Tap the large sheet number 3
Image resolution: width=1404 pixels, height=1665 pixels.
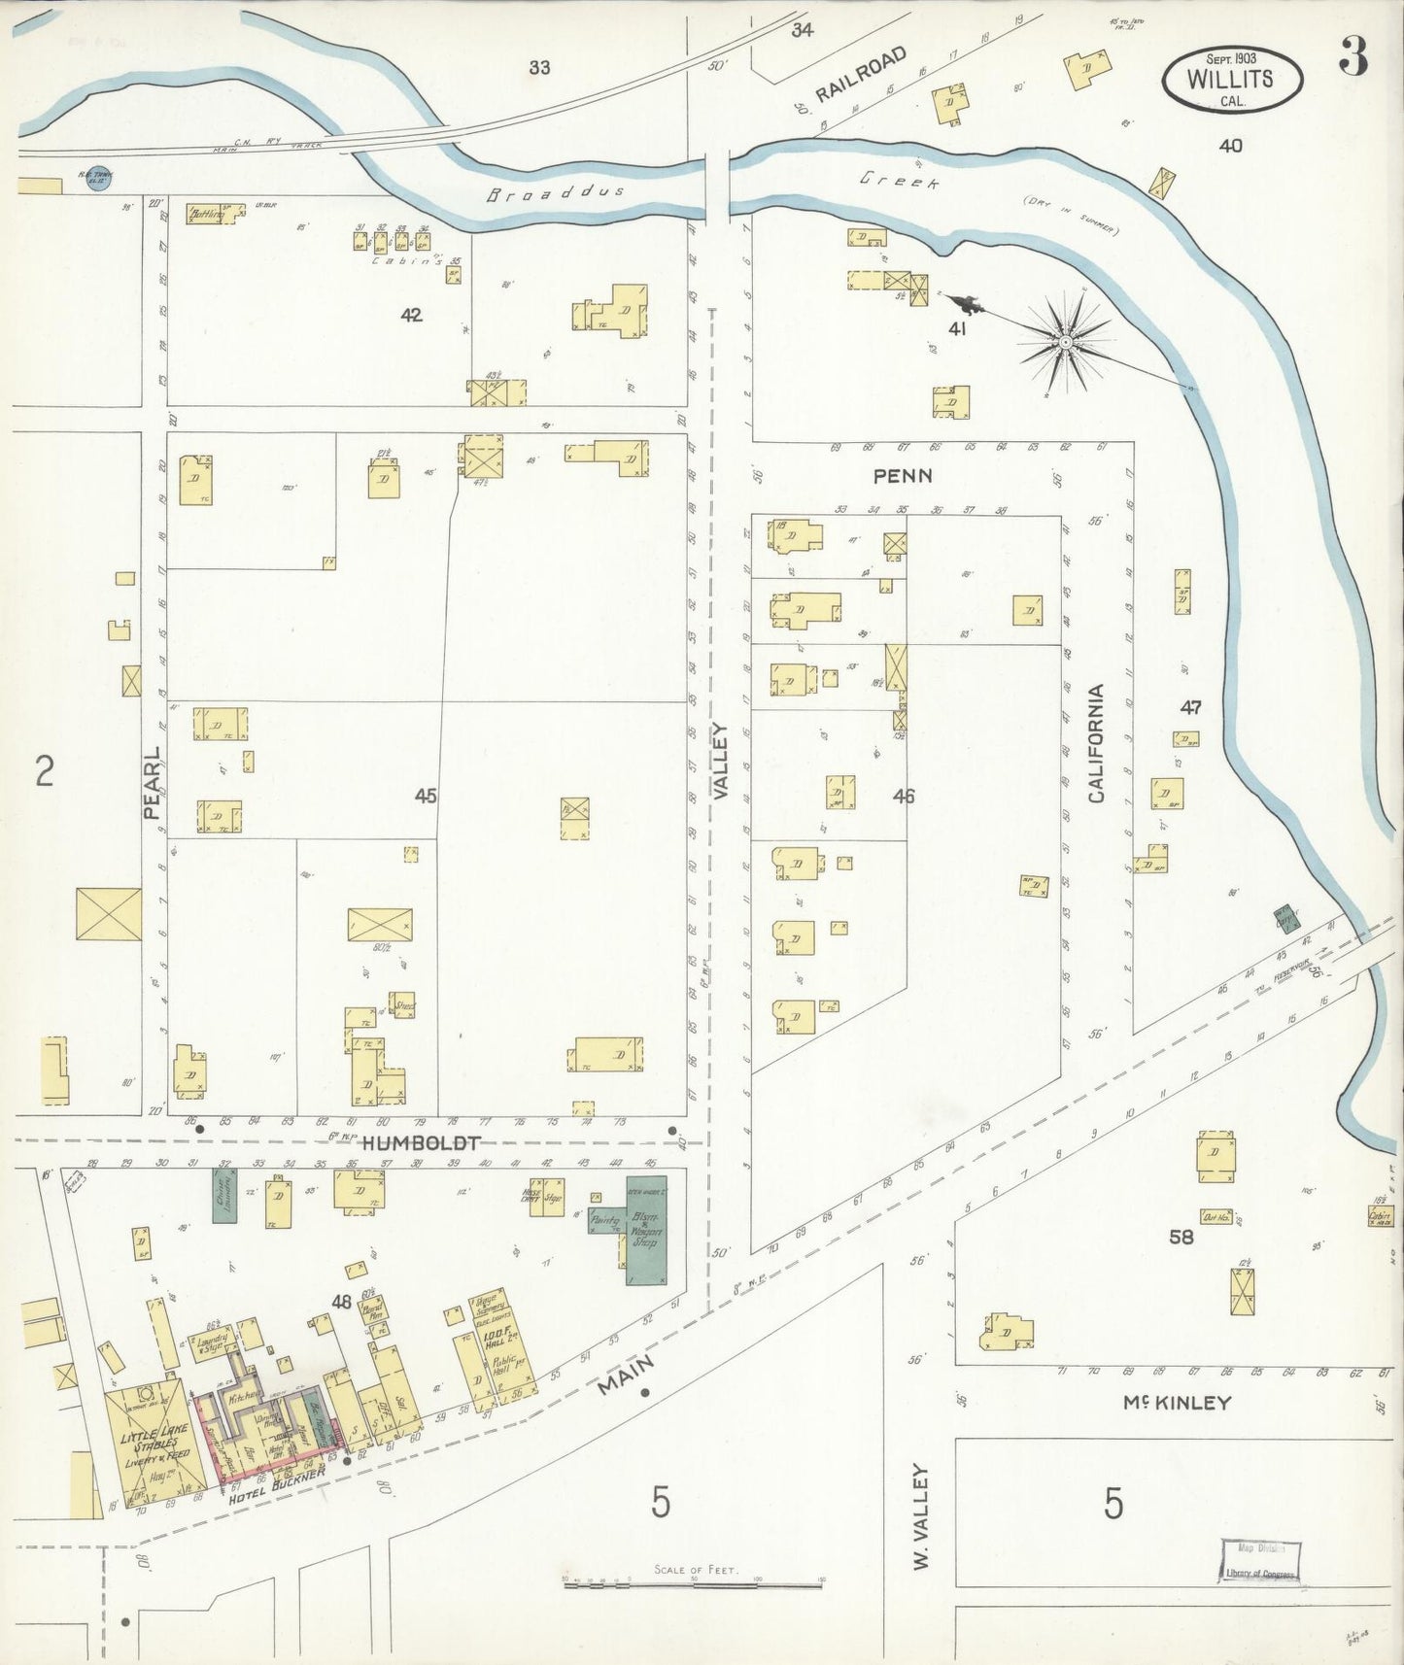point(1353,60)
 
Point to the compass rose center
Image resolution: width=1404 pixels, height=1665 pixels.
point(1066,343)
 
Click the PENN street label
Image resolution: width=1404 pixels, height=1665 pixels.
point(903,476)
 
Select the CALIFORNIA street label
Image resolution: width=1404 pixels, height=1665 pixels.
point(1096,743)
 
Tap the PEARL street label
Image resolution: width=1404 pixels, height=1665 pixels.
point(153,783)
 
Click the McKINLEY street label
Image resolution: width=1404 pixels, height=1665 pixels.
point(1177,1402)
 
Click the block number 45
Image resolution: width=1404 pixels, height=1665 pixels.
point(426,796)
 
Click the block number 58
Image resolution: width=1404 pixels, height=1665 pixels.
point(1181,1237)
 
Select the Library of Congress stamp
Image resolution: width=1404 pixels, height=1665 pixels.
point(1259,1560)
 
